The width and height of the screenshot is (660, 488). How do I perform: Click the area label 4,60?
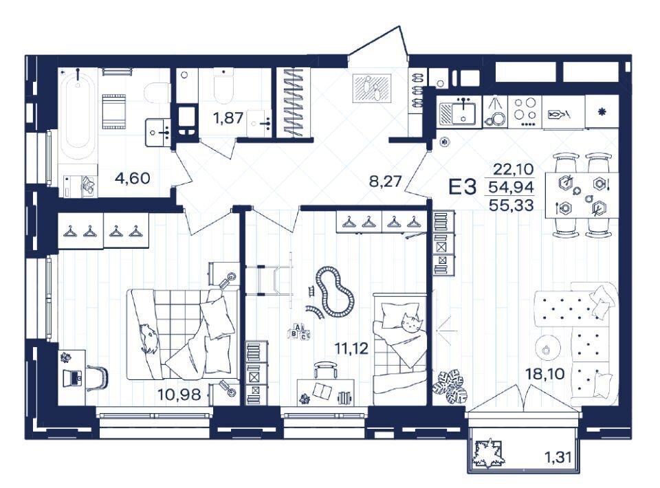[132, 178]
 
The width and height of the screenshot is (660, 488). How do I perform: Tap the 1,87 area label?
[228, 118]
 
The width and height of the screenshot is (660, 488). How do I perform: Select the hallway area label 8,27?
[386, 181]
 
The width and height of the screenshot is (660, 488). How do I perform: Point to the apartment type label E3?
[463, 186]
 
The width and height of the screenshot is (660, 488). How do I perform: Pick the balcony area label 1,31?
[558, 457]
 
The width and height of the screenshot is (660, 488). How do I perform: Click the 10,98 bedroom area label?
[179, 395]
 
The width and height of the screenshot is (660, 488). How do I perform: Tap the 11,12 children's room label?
[351, 348]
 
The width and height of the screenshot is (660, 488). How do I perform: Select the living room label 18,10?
[545, 373]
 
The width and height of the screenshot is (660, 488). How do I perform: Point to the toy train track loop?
[336, 291]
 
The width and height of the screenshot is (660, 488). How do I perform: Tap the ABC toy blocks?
[299, 331]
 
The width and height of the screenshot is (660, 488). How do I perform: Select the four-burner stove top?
[525, 111]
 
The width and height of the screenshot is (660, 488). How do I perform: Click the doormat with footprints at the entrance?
[373, 89]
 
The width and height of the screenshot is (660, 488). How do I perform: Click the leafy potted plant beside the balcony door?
[452, 386]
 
